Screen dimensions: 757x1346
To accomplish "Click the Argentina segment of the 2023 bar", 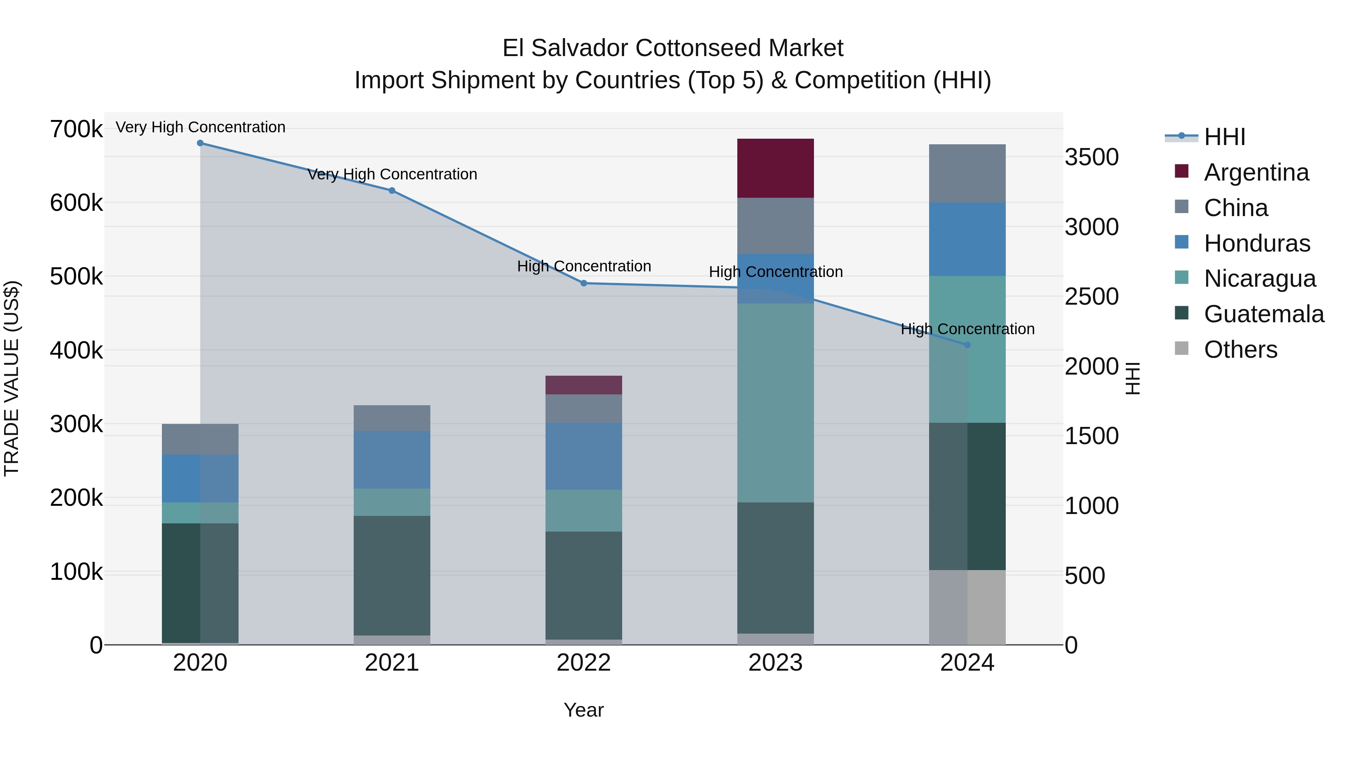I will [775, 168].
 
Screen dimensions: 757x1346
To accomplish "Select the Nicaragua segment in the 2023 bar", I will [775, 403].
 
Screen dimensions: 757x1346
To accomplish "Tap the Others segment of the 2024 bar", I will [967, 607].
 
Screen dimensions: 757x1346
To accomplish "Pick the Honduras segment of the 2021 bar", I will [392, 460].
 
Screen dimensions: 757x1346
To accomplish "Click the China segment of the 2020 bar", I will [200, 439].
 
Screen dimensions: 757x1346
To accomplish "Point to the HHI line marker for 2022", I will [584, 283].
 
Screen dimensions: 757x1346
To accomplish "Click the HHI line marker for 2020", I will [200, 143].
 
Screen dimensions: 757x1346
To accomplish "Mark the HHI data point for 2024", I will [967, 345].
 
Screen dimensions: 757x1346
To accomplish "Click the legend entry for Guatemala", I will [1263, 314].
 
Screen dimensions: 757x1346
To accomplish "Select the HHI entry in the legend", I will [1224, 137].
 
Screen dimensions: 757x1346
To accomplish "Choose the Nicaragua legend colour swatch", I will [1181, 277].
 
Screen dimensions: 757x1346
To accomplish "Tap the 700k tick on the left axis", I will [76, 129].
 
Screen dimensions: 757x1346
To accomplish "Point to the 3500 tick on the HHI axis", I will [1091, 157].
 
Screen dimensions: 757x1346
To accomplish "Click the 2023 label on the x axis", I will [775, 663].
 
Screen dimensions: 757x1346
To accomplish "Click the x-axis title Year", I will [584, 710].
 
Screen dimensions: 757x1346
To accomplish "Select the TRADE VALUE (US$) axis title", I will [12, 378].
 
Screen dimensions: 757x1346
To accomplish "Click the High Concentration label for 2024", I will [967, 329].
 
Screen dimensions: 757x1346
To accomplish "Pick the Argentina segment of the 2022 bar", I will [584, 385].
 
